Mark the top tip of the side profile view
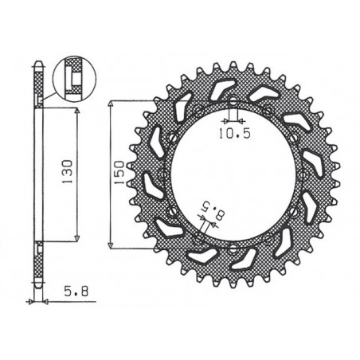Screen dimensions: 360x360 click(38, 61)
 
